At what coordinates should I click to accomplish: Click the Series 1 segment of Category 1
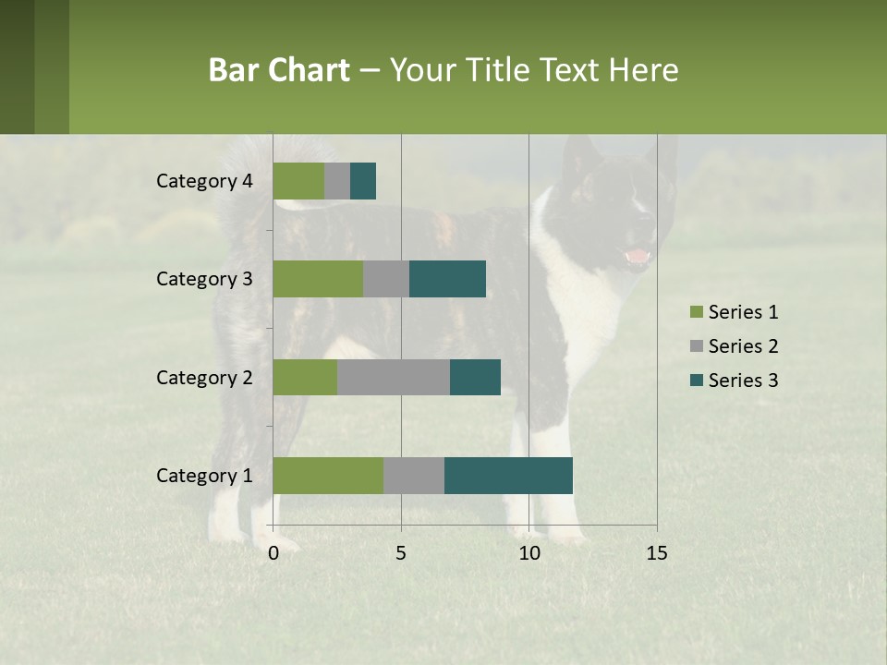point(328,476)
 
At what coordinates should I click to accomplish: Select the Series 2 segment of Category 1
point(414,476)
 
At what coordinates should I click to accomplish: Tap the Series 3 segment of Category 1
point(508,476)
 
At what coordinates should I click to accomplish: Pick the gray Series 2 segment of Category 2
point(394,377)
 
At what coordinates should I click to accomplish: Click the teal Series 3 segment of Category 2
point(475,377)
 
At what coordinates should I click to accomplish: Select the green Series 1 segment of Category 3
point(318,279)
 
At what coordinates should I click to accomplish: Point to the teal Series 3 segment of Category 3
point(447,279)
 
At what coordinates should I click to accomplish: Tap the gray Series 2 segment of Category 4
point(337,181)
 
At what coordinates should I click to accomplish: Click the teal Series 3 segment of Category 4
point(363,181)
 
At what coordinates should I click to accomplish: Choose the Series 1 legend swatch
point(696,312)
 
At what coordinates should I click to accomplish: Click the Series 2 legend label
point(743,346)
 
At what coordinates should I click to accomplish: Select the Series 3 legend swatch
point(696,381)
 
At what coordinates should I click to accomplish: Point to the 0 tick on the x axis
point(273,553)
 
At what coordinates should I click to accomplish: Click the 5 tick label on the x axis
point(401,553)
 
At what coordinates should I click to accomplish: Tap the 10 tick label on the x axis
point(529,553)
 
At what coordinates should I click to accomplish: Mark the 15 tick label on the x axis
point(656,553)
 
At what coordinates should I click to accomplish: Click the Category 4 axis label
point(204,181)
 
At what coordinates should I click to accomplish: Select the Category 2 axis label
point(204,377)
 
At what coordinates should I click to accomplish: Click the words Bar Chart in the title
point(279,70)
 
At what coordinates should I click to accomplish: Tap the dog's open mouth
point(638,256)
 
